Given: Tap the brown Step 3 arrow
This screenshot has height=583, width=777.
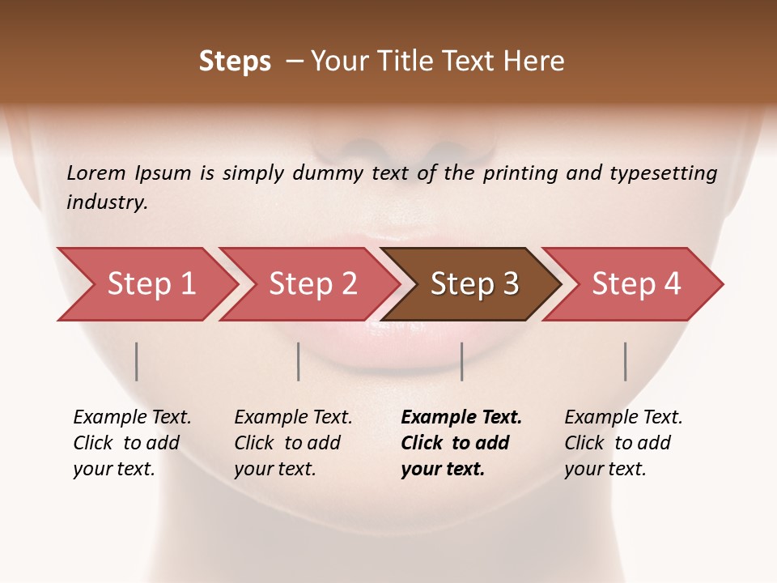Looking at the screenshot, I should pyautogui.click(x=474, y=284).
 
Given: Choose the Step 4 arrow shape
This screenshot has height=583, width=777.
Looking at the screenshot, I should pyautogui.click(x=636, y=284).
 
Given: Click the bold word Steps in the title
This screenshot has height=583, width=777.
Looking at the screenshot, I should pyautogui.click(x=235, y=62).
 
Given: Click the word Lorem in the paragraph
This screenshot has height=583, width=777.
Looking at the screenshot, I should pyautogui.click(x=96, y=173).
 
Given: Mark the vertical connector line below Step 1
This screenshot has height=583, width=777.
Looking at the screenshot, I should pyautogui.click(x=137, y=361).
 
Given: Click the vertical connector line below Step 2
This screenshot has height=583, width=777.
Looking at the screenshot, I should pyautogui.click(x=299, y=361).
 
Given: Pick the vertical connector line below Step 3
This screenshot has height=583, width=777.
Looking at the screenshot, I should pyautogui.click(x=461, y=361).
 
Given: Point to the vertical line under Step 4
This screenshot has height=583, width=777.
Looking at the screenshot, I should pyautogui.click(x=625, y=361).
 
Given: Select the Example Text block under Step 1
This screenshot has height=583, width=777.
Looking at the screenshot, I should pyautogui.click(x=132, y=443).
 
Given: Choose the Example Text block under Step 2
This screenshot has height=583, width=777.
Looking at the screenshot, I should pyautogui.click(x=293, y=443).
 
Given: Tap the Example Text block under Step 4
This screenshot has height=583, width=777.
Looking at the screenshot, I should pyautogui.click(x=623, y=443).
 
